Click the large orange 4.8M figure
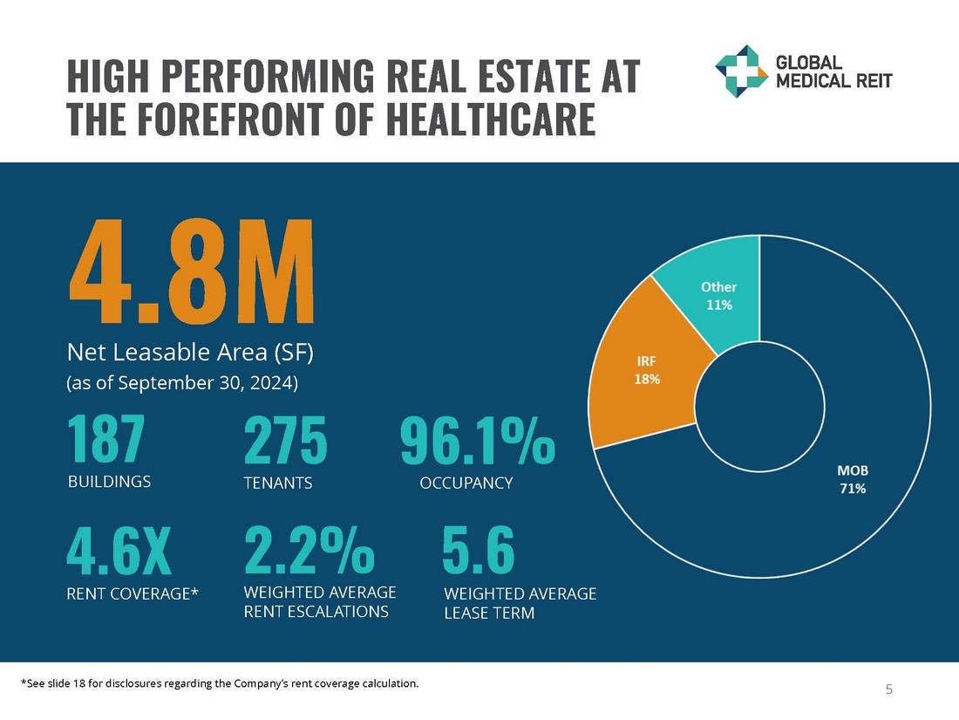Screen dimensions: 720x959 pos(191,271)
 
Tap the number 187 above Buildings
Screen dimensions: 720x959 pos(105,441)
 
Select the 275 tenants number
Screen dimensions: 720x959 pos(285,441)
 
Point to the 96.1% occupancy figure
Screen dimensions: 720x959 pos(477,441)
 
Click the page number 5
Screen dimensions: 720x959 pos(889,690)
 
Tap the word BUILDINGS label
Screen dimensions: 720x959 pos(109,481)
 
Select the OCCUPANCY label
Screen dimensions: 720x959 pos(466,483)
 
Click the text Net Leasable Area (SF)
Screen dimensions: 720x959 pos(189,353)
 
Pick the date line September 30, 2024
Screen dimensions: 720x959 pos(182,382)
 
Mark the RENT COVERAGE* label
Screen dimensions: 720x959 pos(133,595)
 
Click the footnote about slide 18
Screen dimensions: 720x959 pos(219,683)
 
